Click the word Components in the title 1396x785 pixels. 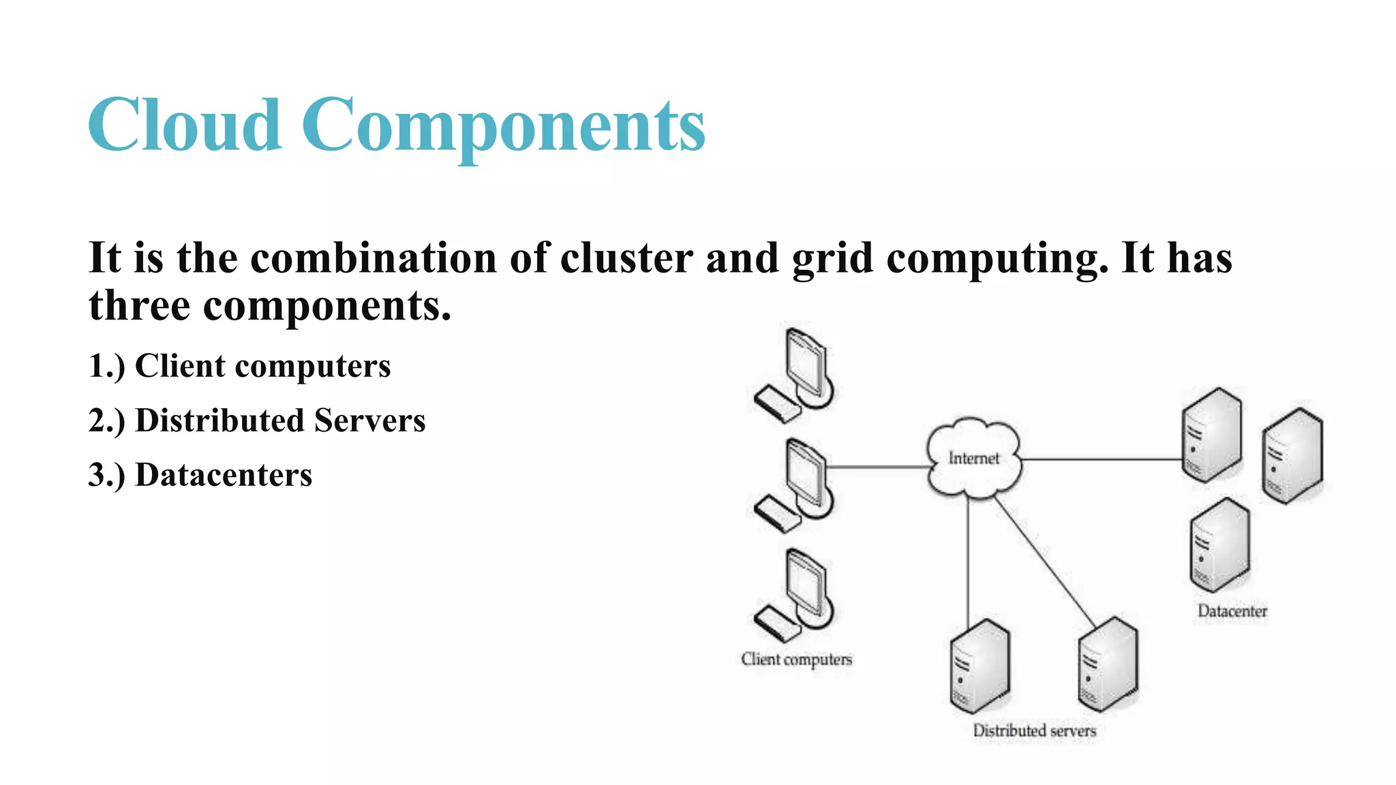point(503,126)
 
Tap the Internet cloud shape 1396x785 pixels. point(973,457)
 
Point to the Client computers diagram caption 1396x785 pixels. point(796,659)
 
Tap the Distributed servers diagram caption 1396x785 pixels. point(1034,730)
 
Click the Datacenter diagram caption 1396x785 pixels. point(1232,611)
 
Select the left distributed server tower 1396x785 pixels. point(980,665)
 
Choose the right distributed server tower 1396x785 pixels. point(1108,664)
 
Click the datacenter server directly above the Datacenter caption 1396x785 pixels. point(1219,544)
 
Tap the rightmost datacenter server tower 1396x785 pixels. point(1292,455)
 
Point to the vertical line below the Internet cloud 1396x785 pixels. point(968,559)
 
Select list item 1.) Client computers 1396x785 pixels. point(239,366)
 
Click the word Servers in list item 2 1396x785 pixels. point(369,420)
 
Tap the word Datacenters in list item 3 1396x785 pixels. point(224,475)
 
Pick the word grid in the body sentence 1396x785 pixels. point(832,259)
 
